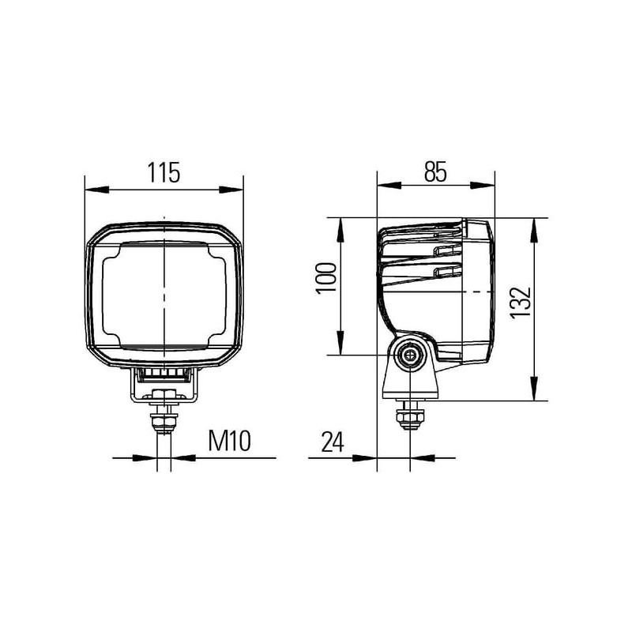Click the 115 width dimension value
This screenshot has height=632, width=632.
164,172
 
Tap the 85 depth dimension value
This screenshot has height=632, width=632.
435,171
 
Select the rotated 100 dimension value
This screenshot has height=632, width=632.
326,279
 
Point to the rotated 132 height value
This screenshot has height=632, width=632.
521,303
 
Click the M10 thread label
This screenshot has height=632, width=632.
229,441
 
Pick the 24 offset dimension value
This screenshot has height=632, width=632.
333,442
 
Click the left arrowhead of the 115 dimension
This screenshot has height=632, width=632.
97,190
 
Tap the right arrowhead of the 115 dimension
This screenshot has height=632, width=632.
231,190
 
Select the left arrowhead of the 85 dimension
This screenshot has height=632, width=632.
389,185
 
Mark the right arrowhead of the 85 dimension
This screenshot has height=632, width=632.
483,185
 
